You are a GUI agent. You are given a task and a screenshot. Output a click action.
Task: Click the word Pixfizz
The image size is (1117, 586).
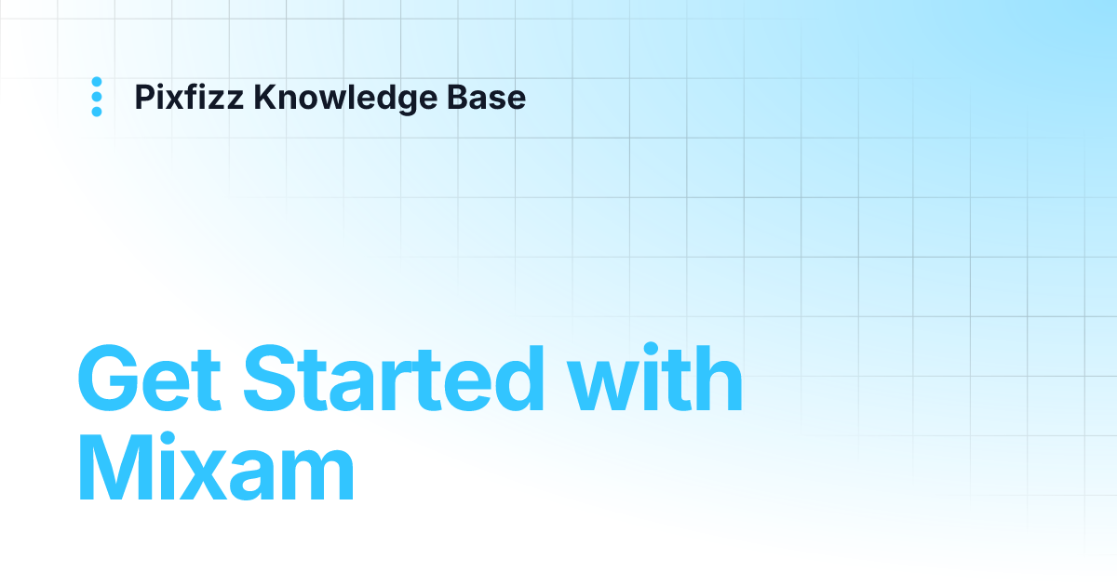click(190, 97)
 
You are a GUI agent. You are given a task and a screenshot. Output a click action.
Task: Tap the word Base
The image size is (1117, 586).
click(491, 97)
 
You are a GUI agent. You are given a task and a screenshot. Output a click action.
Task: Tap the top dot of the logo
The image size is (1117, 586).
click(97, 82)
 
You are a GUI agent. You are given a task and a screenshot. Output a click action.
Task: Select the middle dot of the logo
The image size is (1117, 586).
click(97, 97)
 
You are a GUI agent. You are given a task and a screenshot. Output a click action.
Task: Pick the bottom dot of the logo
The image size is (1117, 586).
click(97, 112)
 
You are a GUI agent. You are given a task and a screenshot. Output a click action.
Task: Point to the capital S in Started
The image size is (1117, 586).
click(276, 381)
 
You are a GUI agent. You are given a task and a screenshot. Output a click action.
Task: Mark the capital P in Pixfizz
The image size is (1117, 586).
click(144, 97)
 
